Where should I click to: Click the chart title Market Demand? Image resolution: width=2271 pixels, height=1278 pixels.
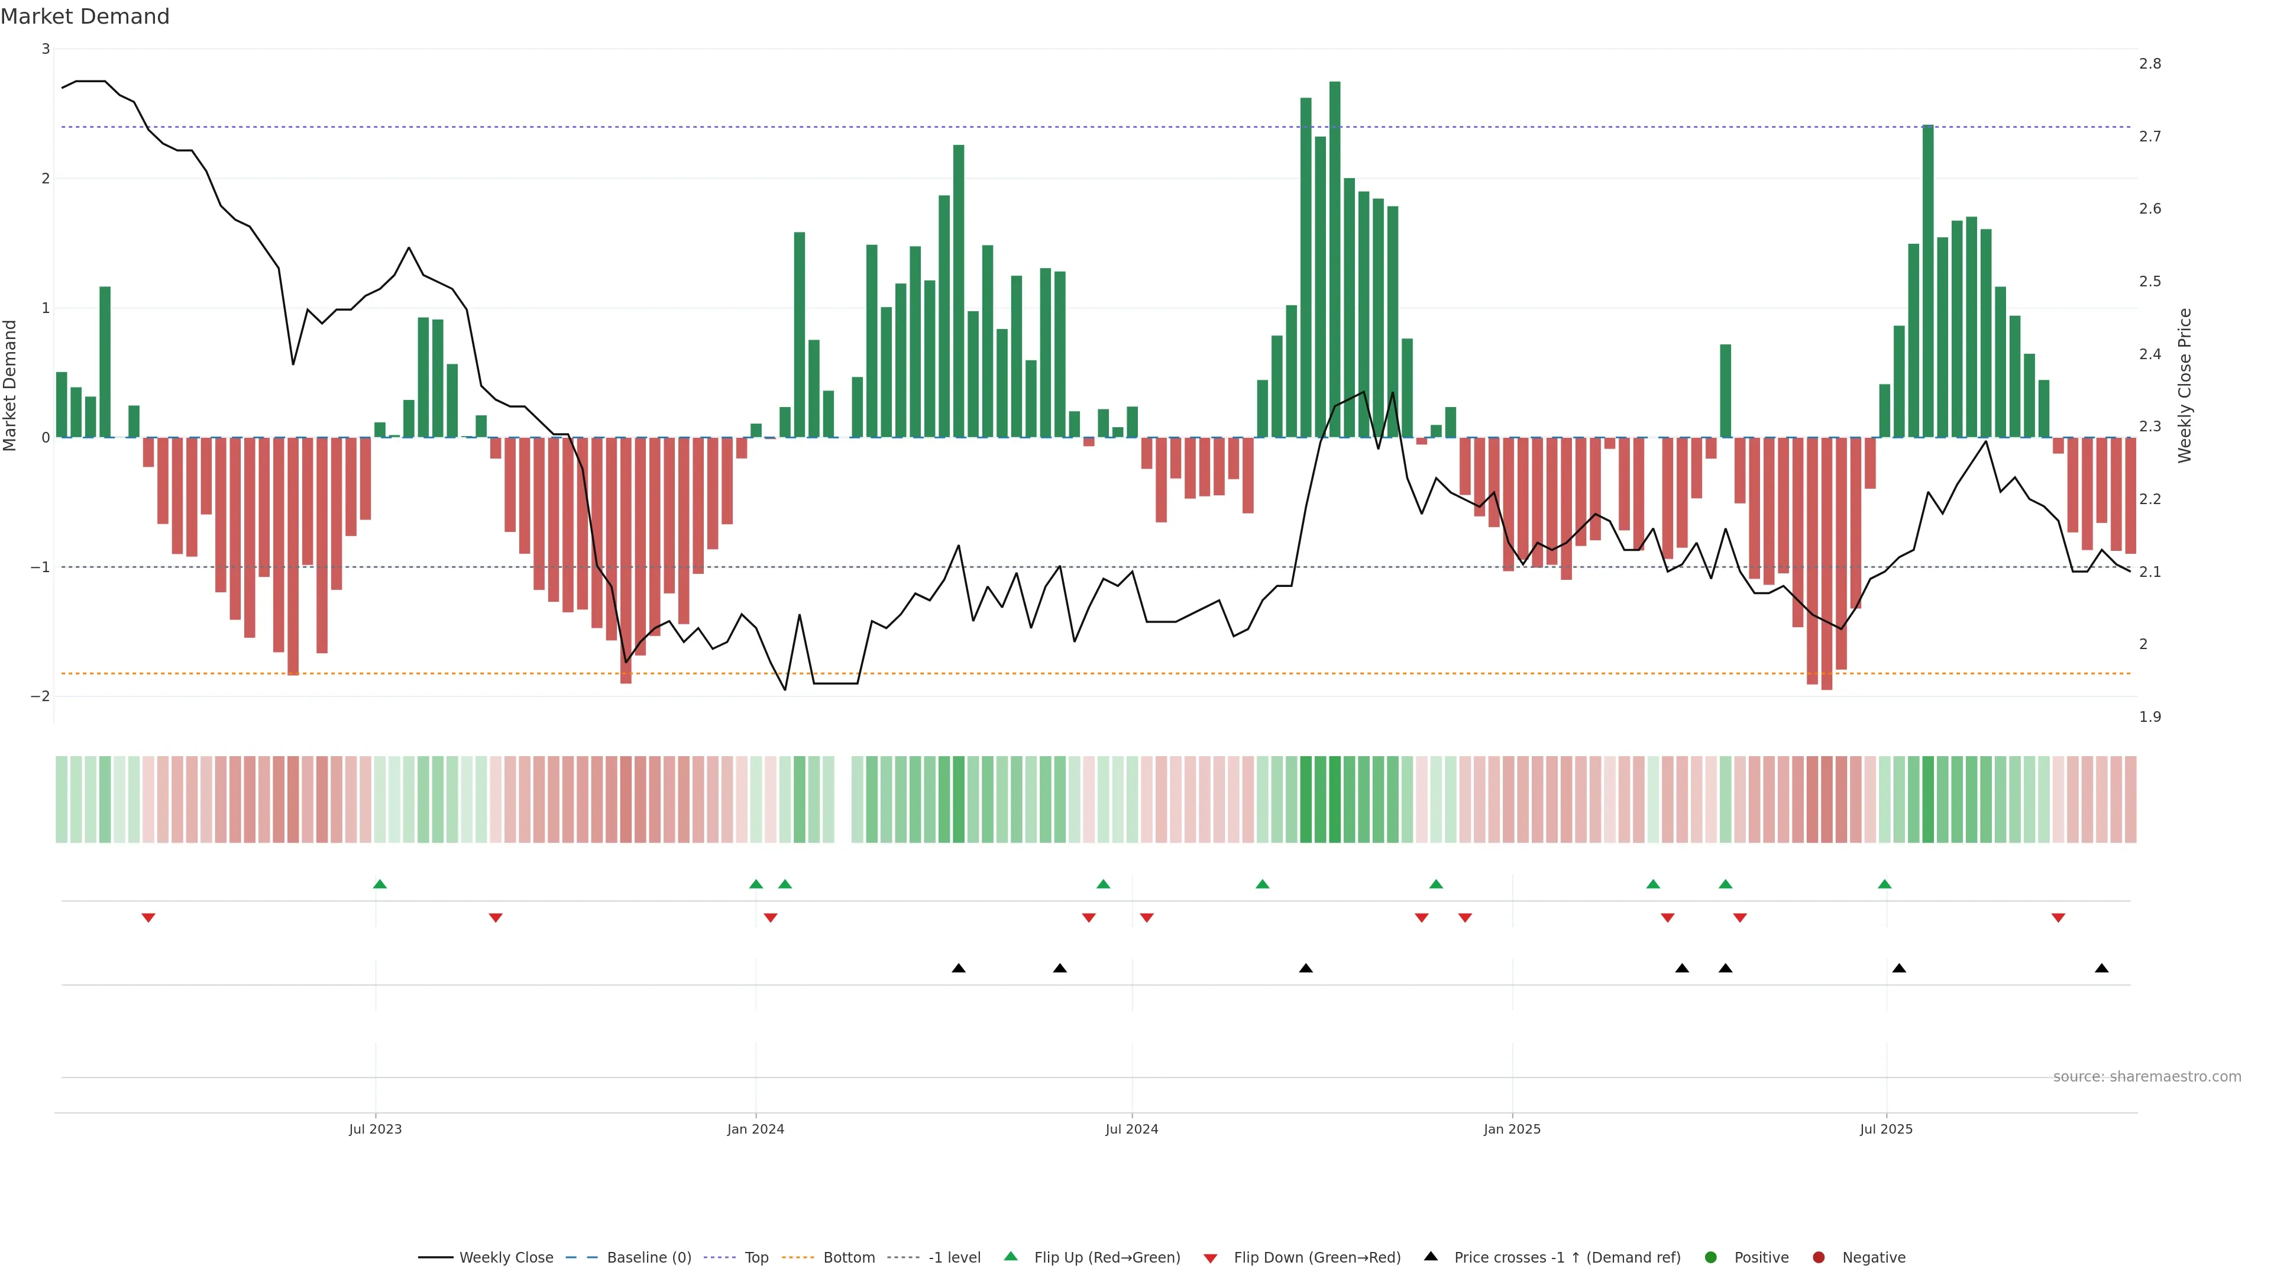[85, 17]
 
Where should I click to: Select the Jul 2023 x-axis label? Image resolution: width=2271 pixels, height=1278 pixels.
[375, 1129]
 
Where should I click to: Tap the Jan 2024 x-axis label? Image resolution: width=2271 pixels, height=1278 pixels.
[756, 1129]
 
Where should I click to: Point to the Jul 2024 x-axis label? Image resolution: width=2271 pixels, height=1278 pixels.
[1132, 1129]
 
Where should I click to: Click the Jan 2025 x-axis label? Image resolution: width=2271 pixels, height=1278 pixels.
[1512, 1129]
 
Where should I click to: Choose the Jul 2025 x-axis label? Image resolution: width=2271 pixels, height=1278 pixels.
[1887, 1129]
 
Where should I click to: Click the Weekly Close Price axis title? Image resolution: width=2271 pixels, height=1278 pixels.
[2185, 385]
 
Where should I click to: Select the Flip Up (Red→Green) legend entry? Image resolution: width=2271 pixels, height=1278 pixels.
[1107, 1258]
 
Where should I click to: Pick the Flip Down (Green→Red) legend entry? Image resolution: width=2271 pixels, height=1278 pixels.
[1316, 1258]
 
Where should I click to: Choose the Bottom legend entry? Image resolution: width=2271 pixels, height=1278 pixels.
[848, 1258]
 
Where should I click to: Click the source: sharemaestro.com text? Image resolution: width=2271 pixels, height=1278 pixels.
[2147, 1077]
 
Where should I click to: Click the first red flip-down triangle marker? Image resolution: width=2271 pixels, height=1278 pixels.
[148, 918]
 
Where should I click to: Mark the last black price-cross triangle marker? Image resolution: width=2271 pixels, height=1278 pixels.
[2102, 969]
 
